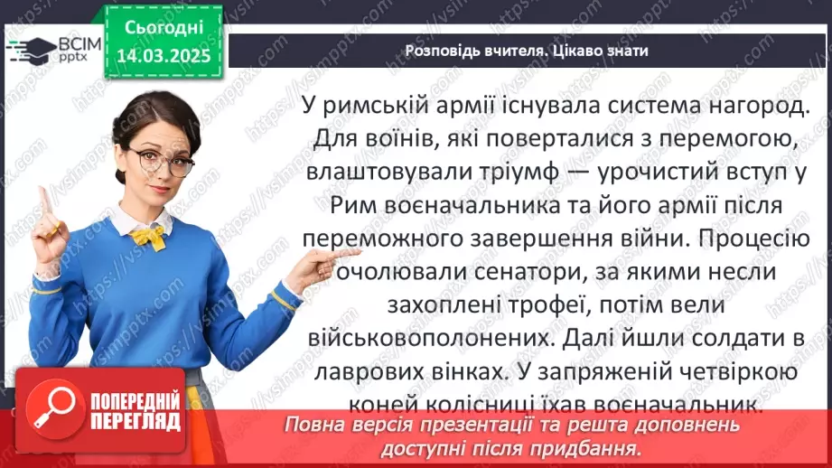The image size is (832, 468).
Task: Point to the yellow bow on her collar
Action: click(150, 237)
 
